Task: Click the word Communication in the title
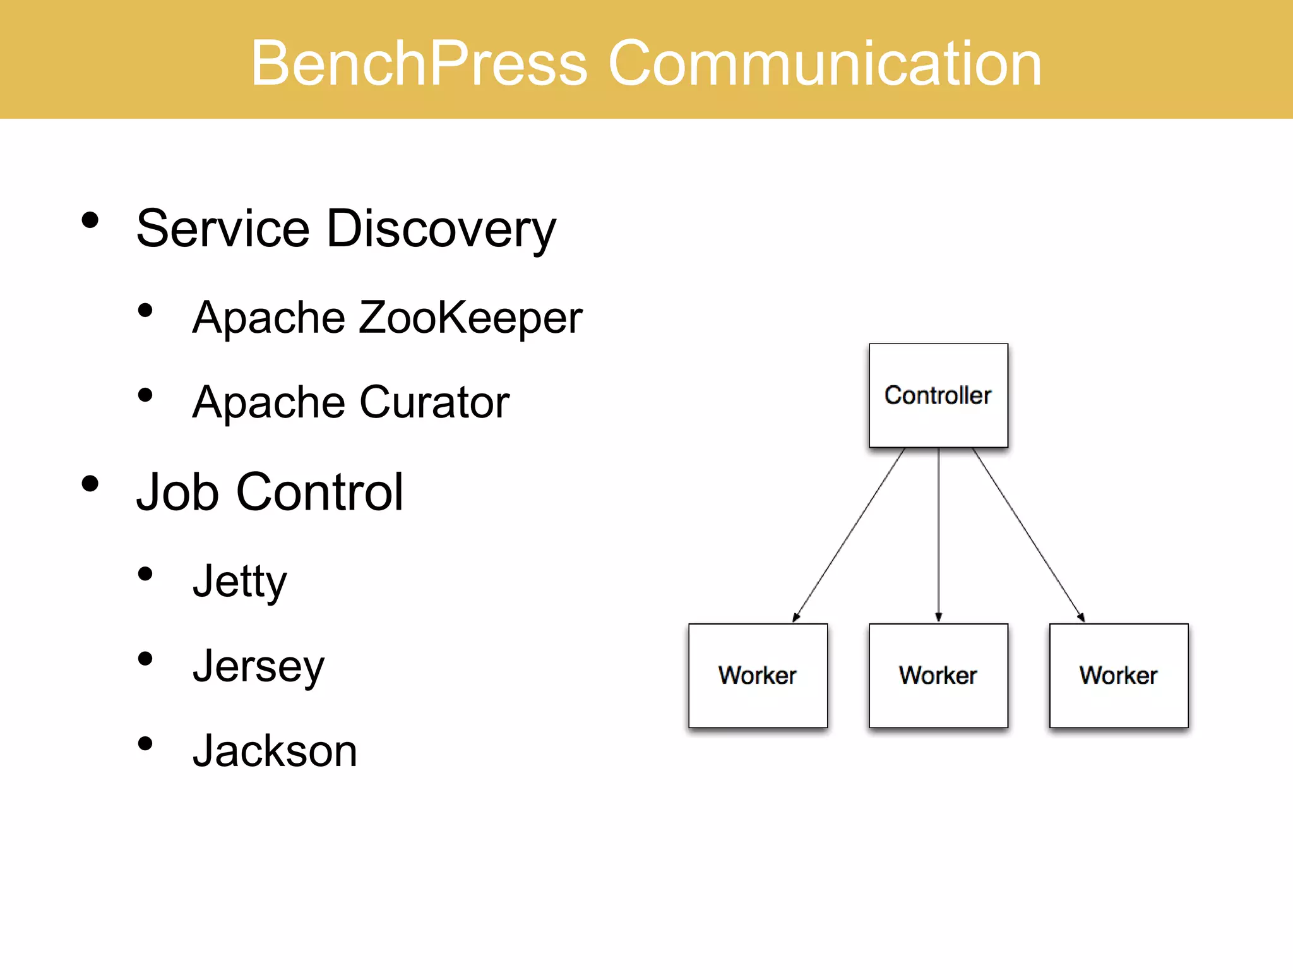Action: click(x=825, y=63)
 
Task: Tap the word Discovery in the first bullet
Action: click(x=441, y=229)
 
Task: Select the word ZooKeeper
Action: click(x=470, y=318)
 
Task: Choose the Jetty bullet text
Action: click(x=239, y=581)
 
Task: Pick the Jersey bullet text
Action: click(x=258, y=666)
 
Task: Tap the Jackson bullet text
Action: click(x=275, y=751)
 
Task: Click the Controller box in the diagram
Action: click(x=938, y=396)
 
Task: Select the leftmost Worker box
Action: click(x=758, y=676)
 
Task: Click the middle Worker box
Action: click(x=938, y=676)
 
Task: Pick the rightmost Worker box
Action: click(x=1119, y=676)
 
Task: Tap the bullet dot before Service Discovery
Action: click(x=90, y=220)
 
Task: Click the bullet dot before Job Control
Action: click(x=90, y=484)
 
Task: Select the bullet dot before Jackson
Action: click(x=145, y=743)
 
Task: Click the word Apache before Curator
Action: click(x=269, y=402)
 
